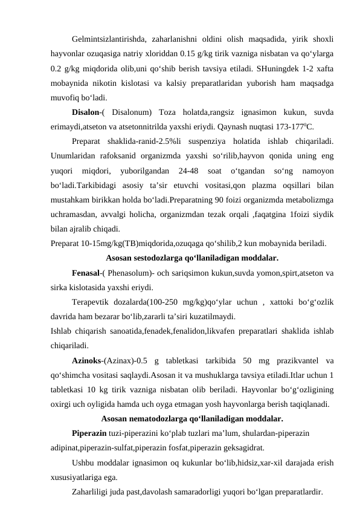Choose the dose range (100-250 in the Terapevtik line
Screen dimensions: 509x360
(155, 302)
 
